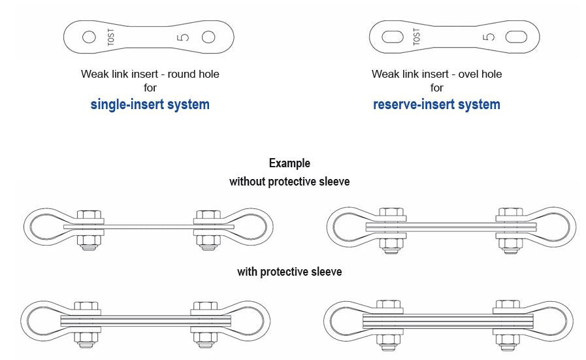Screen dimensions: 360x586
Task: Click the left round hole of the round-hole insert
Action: [x=89, y=37]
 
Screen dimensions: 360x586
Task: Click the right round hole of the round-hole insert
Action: [x=208, y=37]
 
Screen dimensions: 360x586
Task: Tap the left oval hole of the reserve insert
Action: [x=392, y=37]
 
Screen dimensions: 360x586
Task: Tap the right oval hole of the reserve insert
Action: [x=515, y=37]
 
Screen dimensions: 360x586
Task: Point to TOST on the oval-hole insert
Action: [x=417, y=37]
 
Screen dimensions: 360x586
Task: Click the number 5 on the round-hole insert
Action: [x=183, y=37]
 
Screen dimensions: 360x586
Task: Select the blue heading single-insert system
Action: [x=150, y=105]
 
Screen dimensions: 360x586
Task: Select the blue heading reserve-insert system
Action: [x=436, y=105]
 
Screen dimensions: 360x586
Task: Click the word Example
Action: [x=289, y=163]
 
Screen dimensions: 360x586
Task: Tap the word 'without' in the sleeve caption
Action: [x=248, y=182]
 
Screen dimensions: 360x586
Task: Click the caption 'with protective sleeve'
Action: [x=289, y=271]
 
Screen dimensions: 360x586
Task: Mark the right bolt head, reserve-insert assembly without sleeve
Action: [x=510, y=213]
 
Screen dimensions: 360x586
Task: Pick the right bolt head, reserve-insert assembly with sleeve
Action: [x=507, y=304]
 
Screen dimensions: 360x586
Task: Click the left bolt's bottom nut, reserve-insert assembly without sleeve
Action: [x=391, y=244]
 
